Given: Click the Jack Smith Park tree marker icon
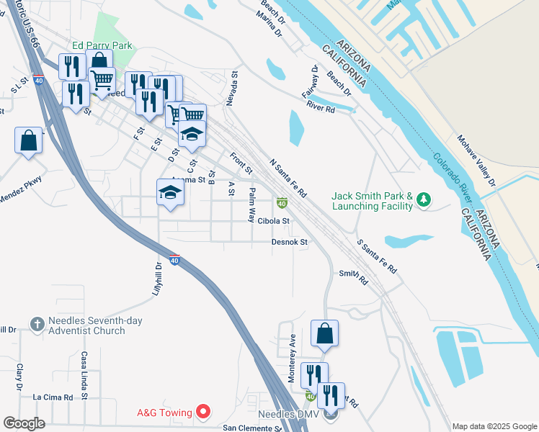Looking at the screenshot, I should click(424, 201).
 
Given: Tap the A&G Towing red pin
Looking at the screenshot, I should click(203, 413).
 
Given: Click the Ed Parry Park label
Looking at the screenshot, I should click(102, 45).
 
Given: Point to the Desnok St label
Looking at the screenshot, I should click(290, 243).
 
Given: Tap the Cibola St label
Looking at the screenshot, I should click(273, 221).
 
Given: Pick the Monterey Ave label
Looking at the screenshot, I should click(293, 357).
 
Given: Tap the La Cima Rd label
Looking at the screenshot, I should click(53, 397).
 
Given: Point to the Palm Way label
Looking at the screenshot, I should click(252, 204).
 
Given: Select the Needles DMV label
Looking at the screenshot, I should click(287, 415).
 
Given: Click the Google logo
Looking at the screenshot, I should click(23, 423).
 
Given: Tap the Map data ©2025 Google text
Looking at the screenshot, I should click(494, 426).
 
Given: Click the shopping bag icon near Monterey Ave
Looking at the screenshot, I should click(324, 333).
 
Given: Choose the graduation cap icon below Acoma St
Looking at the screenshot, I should click(170, 192).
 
